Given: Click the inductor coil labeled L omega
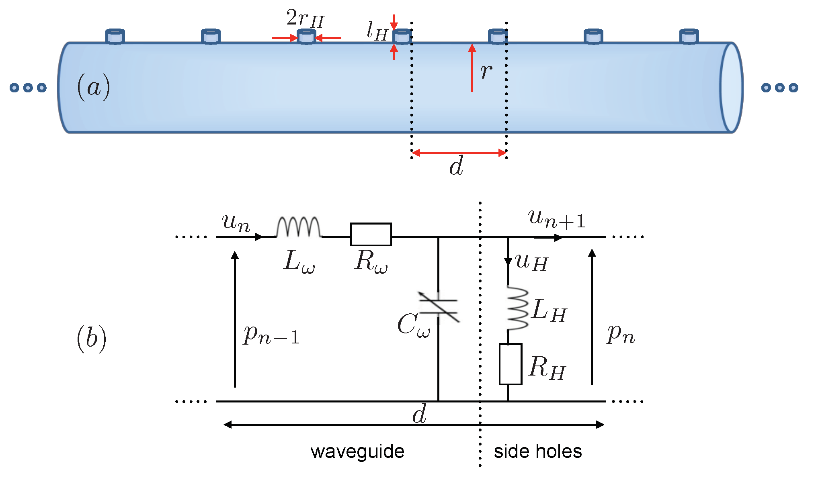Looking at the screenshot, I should [x=298, y=227].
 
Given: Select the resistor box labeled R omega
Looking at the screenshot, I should [x=371, y=234].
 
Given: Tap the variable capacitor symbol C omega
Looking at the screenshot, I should [x=438, y=306].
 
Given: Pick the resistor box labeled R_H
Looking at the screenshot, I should [x=511, y=364].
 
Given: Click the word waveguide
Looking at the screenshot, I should [x=357, y=451].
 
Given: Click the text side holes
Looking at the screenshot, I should [x=537, y=451].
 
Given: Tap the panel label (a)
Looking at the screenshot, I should [x=93, y=87].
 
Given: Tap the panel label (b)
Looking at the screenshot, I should [x=92, y=338].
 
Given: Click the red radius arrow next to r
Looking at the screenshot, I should [x=472, y=68].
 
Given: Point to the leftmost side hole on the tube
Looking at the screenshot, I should [x=115, y=36].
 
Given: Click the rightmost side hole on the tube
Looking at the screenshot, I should [x=689, y=36].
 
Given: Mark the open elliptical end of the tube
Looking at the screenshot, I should [x=731, y=88].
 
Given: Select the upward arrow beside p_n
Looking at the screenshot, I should [x=592, y=317].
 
